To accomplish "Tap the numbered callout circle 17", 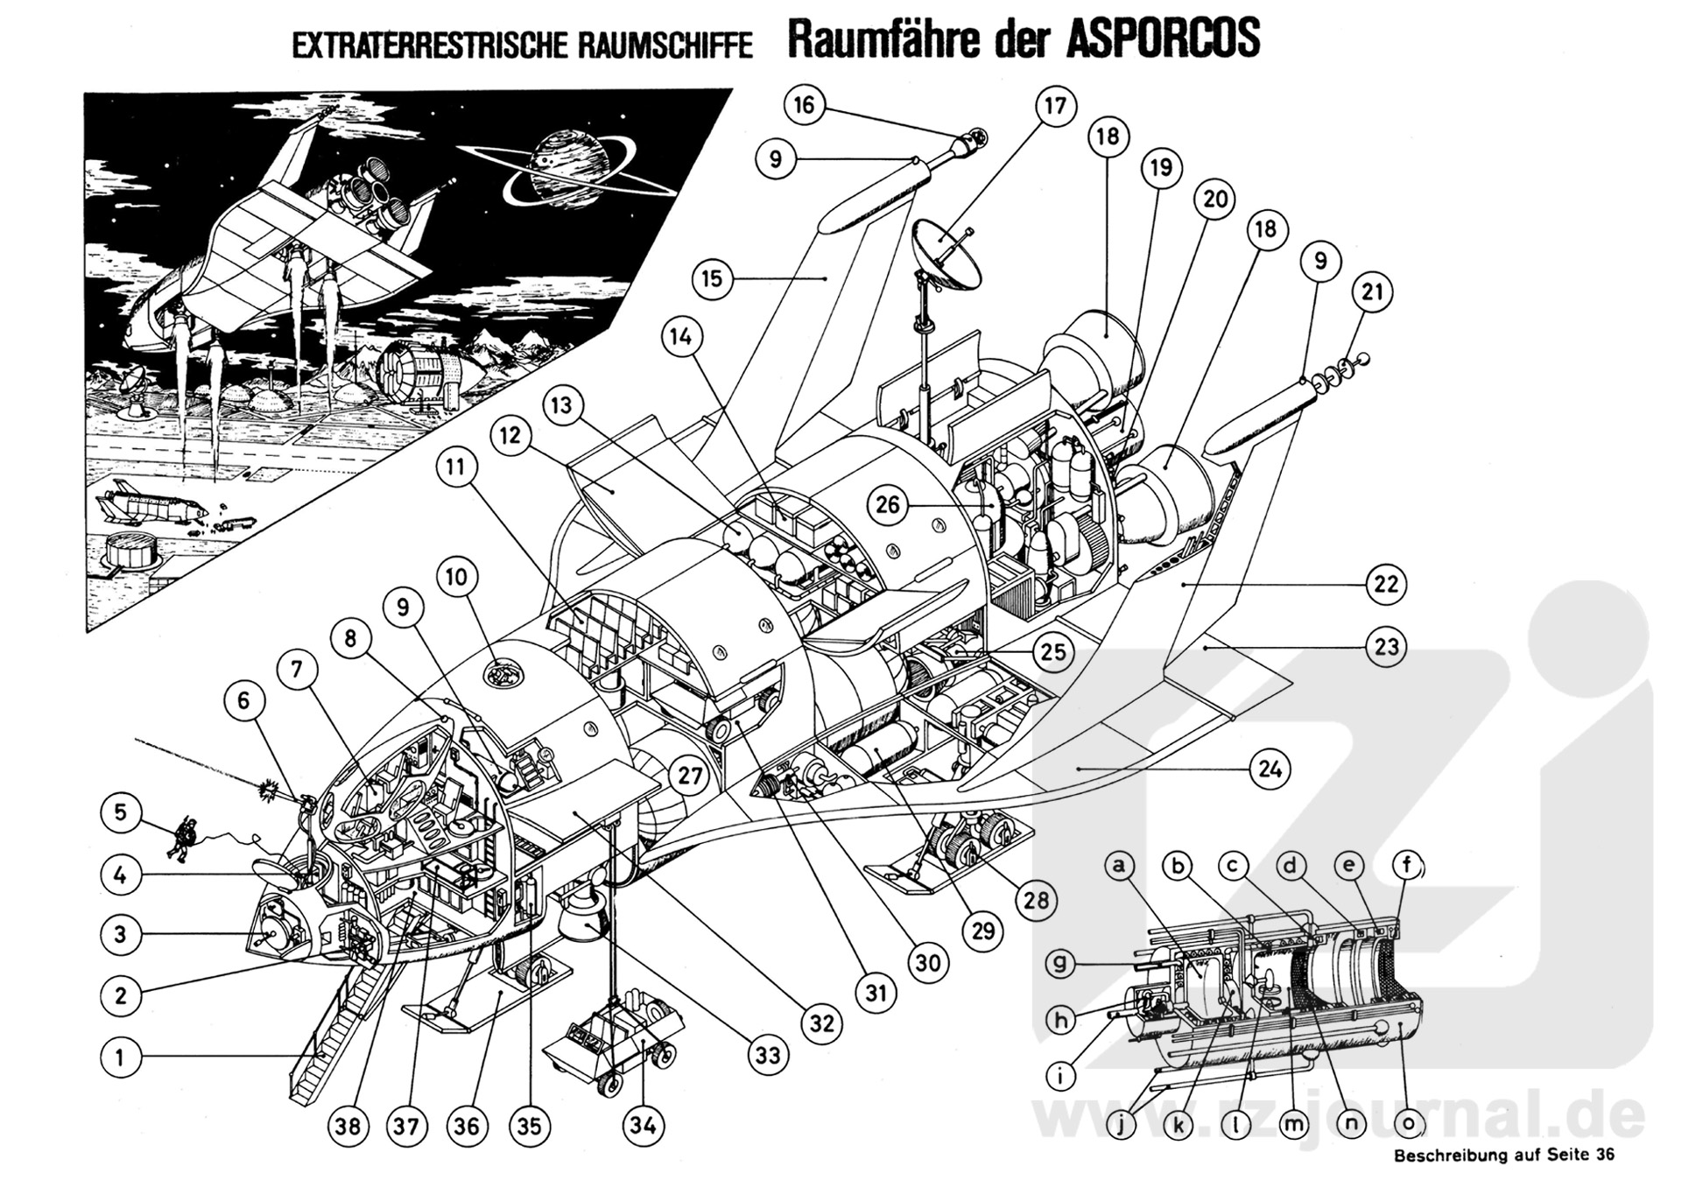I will point(1055,106).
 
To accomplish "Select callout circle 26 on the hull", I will point(887,506).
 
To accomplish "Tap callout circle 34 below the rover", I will point(644,1125).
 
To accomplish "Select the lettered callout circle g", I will point(1060,965).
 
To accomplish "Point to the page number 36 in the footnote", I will point(1604,1155).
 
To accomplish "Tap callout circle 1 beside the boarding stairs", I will point(120,1057).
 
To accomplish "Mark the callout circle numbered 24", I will point(1270,769).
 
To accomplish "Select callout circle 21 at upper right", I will point(1372,291).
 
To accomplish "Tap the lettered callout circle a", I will point(1117,867).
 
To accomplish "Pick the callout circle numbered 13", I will point(561,406).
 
